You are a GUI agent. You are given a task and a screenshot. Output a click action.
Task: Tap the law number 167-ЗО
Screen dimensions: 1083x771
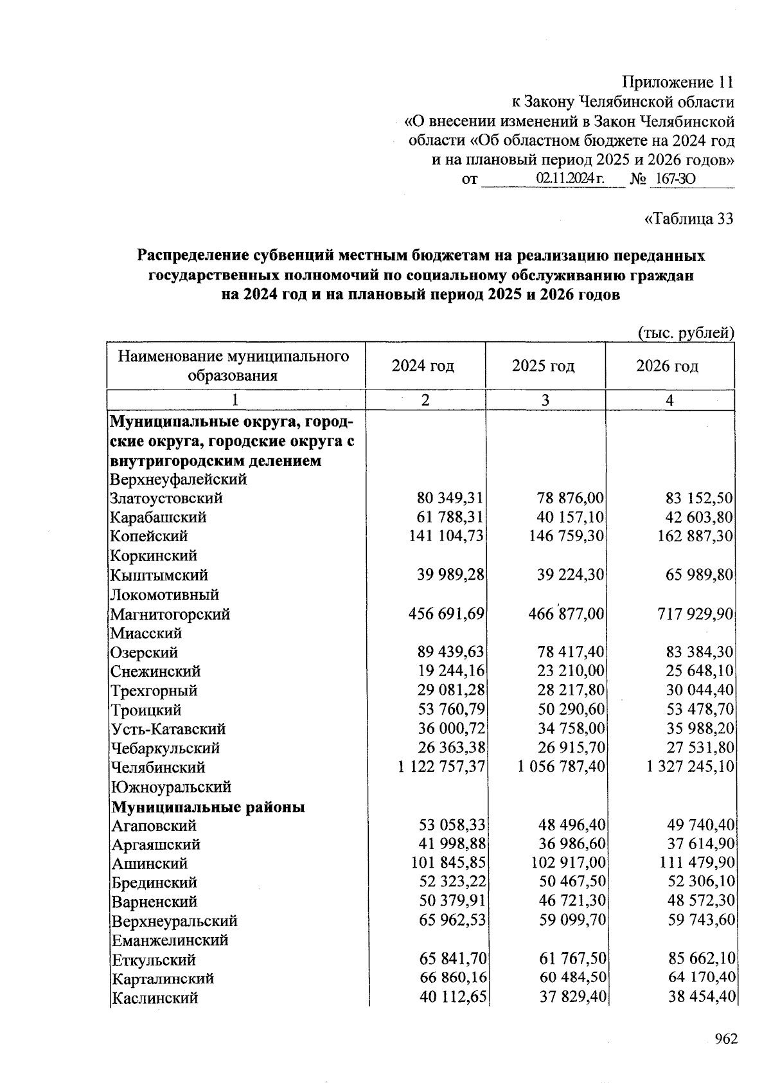(x=673, y=179)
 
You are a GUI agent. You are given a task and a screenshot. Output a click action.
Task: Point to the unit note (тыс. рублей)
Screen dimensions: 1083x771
(x=685, y=333)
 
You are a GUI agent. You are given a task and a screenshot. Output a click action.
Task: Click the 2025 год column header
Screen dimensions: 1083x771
(x=544, y=366)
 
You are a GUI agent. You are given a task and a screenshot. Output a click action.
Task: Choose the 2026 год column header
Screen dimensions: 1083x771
(x=668, y=366)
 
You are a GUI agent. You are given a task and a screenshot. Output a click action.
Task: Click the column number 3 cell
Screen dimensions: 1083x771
(x=545, y=400)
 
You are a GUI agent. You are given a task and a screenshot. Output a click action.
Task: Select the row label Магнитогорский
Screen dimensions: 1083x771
(x=170, y=614)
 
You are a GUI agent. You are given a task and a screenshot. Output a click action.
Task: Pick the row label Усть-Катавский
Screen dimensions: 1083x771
(x=168, y=729)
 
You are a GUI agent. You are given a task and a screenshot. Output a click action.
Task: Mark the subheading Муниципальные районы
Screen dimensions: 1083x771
(x=208, y=807)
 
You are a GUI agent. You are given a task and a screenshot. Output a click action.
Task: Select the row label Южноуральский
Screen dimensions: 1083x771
(x=171, y=787)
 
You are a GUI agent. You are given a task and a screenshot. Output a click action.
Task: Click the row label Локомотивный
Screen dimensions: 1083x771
(x=164, y=595)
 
